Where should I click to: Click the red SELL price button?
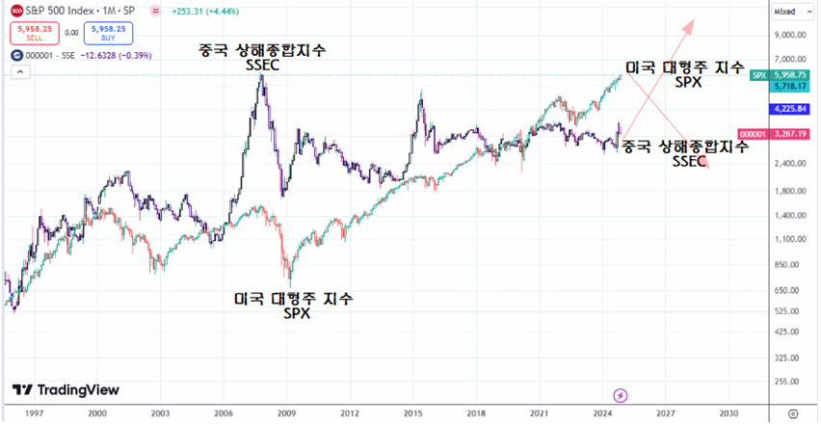29,33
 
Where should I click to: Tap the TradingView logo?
66,389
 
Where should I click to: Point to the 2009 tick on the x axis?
287,412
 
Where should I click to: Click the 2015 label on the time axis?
413,412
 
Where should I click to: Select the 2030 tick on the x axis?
728,412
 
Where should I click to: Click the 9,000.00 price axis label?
789,35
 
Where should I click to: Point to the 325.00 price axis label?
789,358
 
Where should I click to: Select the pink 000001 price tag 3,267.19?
789,134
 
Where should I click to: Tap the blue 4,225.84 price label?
789,109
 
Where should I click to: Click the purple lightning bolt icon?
621,395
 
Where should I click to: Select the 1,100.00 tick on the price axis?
789,238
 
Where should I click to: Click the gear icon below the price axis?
792,412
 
